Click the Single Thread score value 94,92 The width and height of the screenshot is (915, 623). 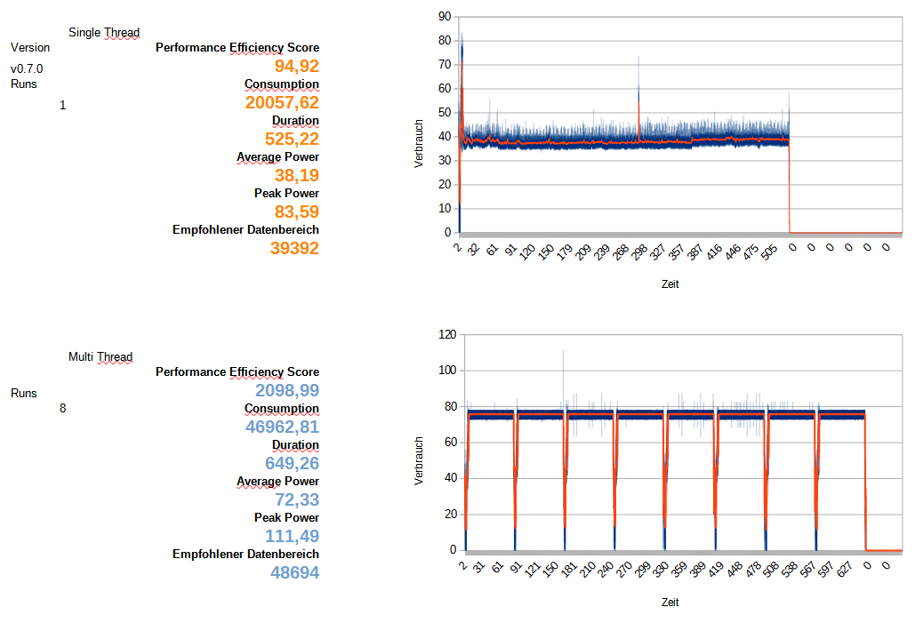(296, 66)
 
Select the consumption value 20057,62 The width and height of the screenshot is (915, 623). (282, 102)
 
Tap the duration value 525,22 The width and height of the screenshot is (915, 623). (292, 139)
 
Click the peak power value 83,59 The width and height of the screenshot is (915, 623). (296, 212)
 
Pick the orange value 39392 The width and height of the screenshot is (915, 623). (294, 248)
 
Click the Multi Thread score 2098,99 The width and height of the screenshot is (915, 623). (286, 390)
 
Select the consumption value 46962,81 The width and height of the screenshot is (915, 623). (282, 427)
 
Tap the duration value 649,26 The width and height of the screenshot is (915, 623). (292, 463)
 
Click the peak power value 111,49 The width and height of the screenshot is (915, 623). (292, 536)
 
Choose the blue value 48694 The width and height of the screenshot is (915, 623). (294, 572)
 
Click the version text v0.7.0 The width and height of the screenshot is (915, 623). (27, 68)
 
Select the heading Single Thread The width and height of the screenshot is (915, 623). (104, 33)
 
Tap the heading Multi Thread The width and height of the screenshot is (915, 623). (100, 357)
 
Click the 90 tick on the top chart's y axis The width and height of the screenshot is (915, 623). (445, 16)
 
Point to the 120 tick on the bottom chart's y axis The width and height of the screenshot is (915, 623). (447, 334)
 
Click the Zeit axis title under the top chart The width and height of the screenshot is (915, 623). (670, 284)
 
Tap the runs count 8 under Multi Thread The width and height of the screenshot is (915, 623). (62, 409)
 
